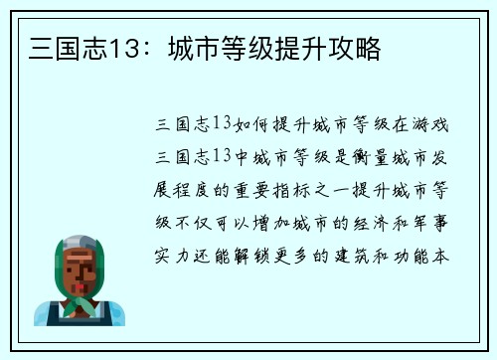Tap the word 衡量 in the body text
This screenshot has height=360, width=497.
click(376, 156)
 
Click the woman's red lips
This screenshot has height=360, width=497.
click(79, 281)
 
